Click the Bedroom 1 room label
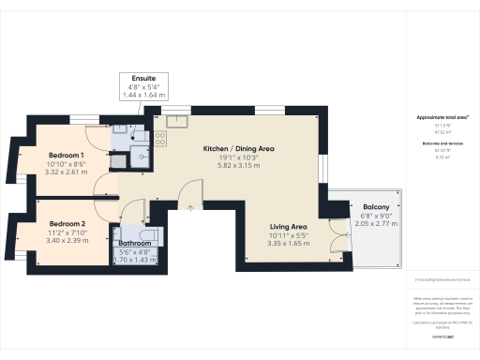[67, 155]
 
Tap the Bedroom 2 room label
[67, 223]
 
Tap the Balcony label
[363, 206]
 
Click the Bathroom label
[136, 242]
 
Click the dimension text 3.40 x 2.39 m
[67, 241]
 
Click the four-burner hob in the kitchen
[159, 139]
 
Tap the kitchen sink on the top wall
[179, 120]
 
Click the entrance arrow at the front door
[190, 207]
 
